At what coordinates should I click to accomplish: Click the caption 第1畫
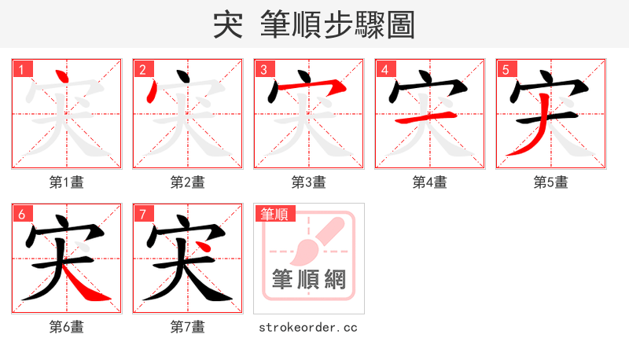coord(67,182)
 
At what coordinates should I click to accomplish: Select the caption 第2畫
coord(188,182)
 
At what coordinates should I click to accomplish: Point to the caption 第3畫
coord(309,182)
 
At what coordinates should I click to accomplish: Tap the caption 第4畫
coord(430,182)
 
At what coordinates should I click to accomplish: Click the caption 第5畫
coord(551,182)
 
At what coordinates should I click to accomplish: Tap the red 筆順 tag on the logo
coord(274,214)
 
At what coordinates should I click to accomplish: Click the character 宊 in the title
coord(227,25)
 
